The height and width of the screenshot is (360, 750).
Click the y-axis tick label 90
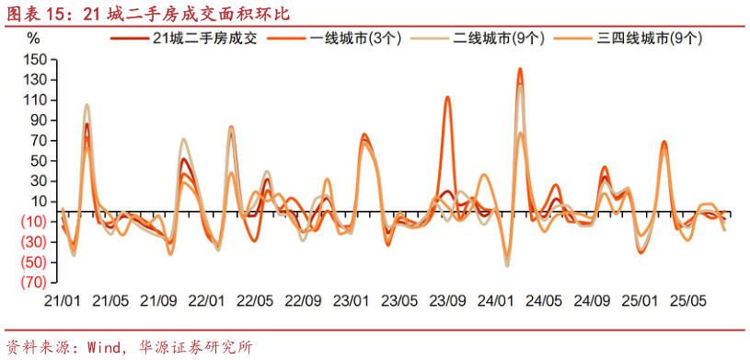pyautogui.click(x=37, y=121)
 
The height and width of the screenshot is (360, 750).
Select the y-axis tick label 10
pyautogui.click(x=37, y=202)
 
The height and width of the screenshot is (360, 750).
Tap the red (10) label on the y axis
pyautogui.click(x=34, y=222)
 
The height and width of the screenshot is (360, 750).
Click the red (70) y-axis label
pyautogui.click(x=34, y=282)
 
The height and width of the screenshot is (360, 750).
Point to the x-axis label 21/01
pyautogui.click(x=63, y=301)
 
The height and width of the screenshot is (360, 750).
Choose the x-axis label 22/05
pyautogui.click(x=254, y=301)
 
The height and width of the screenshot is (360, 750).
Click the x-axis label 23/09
pyautogui.click(x=446, y=301)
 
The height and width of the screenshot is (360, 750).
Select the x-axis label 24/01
pyautogui.click(x=495, y=301)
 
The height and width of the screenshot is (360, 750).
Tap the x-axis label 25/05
pyautogui.click(x=687, y=301)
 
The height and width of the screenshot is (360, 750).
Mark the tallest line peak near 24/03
pyautogui.click(x=520, y=69)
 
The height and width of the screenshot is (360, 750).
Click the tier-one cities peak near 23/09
pyautogui.click(x=447, y=97)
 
